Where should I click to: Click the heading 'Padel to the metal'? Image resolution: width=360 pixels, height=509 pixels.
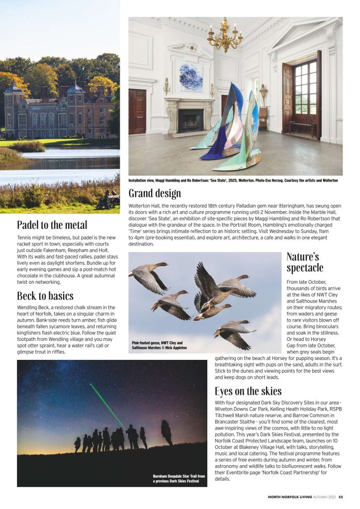tap(52, 224)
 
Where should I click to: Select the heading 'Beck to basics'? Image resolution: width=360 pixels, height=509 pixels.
tap(45, 296)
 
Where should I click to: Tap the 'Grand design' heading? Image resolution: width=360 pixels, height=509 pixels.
tap(155, 193)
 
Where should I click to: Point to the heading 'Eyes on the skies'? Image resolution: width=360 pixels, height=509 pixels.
tap(248, 391)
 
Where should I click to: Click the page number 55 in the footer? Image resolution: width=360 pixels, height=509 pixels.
tap(341, 497)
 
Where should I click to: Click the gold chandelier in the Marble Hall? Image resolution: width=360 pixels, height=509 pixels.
tap(225, 36)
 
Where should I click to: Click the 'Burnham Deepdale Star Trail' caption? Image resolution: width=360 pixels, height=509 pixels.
tap(179, 479)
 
